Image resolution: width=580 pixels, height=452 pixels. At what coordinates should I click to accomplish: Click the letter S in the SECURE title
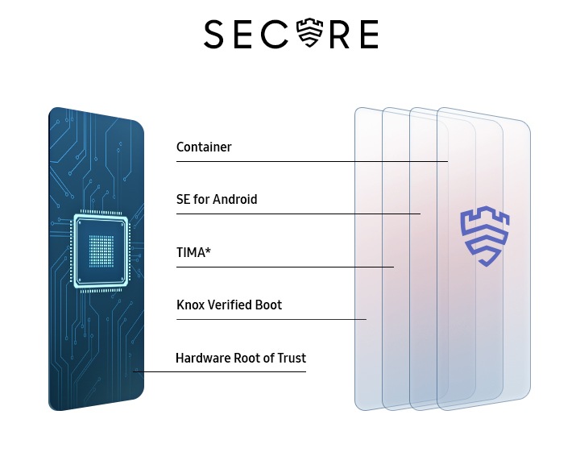coord(214,35)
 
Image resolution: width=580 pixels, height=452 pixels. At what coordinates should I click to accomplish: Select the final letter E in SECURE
coord(367,35)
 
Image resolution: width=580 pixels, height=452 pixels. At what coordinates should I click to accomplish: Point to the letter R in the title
coord(339,35)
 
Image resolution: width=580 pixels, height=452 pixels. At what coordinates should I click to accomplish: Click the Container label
coord(204,147)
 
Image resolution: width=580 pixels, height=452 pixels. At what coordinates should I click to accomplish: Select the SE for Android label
coord(217,199)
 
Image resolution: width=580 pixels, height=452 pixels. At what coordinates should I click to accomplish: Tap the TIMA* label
coord(193,253)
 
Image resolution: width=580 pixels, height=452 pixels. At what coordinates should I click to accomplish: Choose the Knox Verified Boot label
coord(230,305)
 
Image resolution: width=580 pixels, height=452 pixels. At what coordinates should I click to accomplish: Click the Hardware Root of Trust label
coord(241,358)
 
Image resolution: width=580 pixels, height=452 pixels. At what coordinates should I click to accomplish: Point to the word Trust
coord(291,358)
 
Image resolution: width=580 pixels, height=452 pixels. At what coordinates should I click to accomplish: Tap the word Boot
coord(268,305)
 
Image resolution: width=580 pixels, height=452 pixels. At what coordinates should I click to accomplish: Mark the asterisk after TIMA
coord(208,251)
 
